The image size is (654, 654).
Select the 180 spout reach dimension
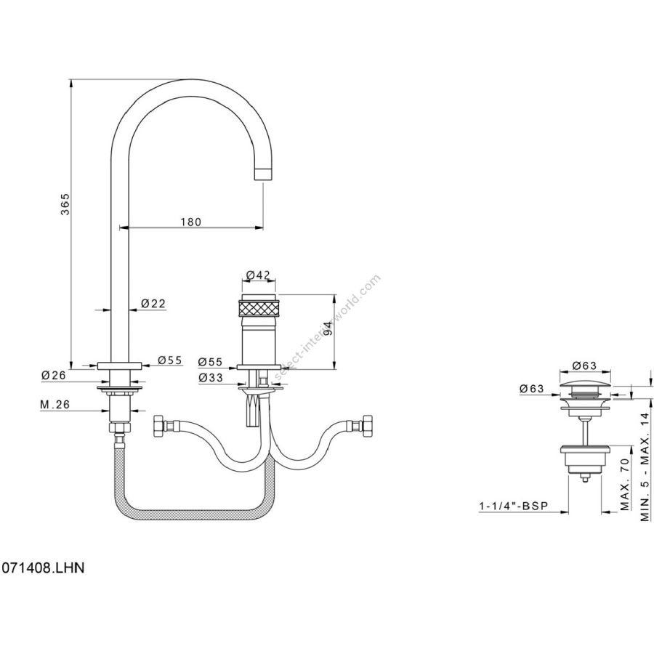coord(190,222)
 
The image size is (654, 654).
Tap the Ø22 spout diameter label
coord(152,303)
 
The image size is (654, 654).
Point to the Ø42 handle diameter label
coord(258,275)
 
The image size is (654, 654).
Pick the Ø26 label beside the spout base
coord(54,375)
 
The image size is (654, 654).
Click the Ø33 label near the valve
coord(211,377)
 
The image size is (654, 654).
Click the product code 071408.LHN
coord(43,566)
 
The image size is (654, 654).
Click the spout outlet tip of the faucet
coord(264,174)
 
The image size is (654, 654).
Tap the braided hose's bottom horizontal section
coord(196,514)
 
